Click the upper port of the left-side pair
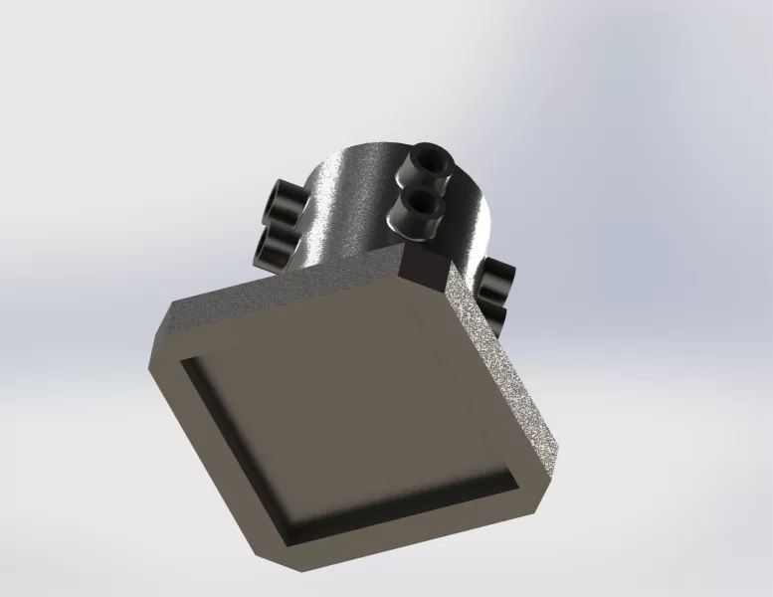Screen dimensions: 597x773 [x=285, y=203]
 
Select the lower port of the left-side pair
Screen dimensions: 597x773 [x=275, y=246]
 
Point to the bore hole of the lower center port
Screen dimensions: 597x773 [x=422, y=204]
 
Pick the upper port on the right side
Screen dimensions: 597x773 [x=496, y=278]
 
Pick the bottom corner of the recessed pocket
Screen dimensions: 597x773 [x=289, y=542]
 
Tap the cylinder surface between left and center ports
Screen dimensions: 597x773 [x=348, y=209]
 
